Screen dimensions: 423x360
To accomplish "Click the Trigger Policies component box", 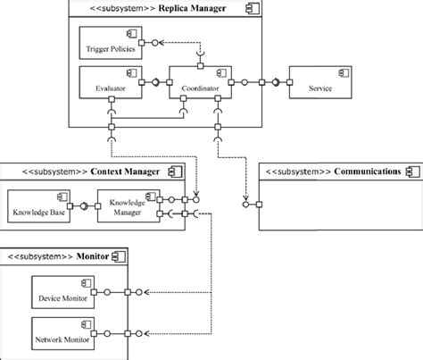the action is point(111,43).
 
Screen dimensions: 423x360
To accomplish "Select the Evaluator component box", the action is point(111,82).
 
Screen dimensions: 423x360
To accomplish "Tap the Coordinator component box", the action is point(200,82).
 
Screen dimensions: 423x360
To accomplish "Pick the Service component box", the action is point(320,82).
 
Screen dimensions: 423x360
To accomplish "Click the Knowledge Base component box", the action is point(39,206).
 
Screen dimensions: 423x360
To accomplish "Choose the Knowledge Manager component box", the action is point(129,206).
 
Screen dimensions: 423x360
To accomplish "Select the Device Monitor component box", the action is point(63,292).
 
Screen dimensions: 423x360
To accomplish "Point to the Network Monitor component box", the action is point(63,333).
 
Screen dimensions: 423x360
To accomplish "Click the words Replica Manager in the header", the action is point(192,8).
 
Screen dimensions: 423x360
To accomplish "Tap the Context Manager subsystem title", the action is point(125,172).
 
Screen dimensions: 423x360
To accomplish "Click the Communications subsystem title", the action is point(368,172).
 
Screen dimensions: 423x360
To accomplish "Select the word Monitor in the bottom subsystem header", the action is point(93,256).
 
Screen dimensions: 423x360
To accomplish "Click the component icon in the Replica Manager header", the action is point(253,8).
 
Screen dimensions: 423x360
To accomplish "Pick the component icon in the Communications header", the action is point(413,172).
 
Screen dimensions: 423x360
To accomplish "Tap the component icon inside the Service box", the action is point(344,73).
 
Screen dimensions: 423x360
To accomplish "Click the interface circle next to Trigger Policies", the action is point(154,43).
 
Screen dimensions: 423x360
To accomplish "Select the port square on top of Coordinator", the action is point(201,66).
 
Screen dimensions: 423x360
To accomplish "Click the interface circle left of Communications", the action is point(245,205).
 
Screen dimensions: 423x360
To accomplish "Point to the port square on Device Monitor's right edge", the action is point(94,292).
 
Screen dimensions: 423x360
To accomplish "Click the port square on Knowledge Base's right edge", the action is point(70,206).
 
